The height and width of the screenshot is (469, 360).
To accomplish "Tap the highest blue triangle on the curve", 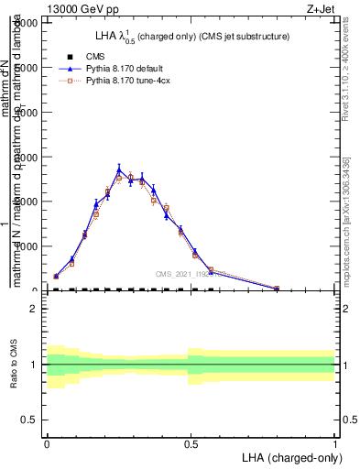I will click(119, 169).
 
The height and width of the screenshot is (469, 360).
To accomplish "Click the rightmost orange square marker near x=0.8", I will click(277, 289).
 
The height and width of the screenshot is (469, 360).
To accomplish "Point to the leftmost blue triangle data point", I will click(56, 275).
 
